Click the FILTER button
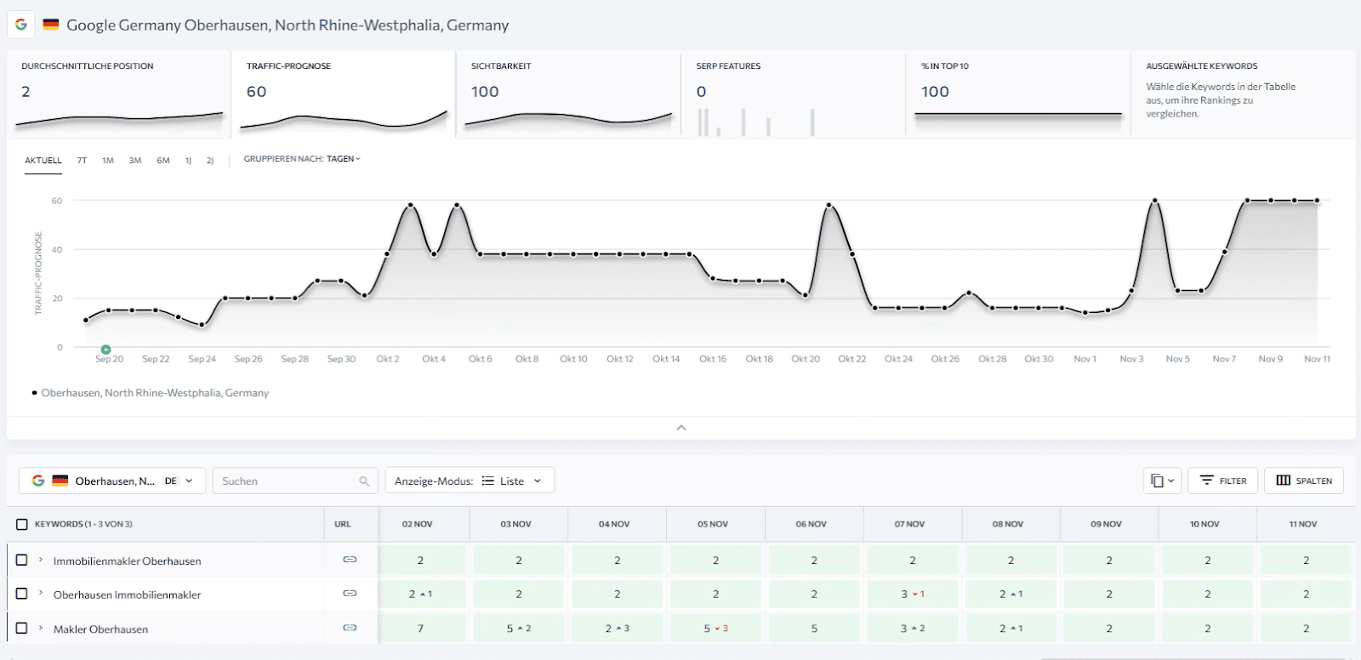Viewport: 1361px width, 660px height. coord(1222,481)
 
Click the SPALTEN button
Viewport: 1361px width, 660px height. coord(1304,481)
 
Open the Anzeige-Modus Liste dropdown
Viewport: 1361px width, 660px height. coord(470,481)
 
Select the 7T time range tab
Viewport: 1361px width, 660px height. coord(82,160)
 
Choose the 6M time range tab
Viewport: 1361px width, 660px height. coord(163,160)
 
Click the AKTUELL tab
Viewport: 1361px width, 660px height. coord(43,160)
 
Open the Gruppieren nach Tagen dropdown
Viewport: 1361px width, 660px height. coord(303,159)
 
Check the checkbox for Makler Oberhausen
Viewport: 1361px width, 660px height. coord(22,628)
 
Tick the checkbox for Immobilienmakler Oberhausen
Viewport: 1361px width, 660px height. coord(22,560)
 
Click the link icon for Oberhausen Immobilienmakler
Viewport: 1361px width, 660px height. coord(350,593)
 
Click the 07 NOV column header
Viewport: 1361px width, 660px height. coord(908,524)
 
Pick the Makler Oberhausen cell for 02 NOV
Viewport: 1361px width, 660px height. coord(421,629)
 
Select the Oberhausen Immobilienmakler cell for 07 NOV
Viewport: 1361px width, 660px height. coord(912,595)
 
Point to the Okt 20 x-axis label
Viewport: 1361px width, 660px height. coord(806,359)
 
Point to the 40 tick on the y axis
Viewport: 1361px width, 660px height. coord(57,250)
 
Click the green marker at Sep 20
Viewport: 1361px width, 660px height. coord(105,350)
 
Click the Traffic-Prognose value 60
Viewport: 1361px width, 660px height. coord(256,92)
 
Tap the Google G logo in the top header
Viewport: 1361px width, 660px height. coord(21,25)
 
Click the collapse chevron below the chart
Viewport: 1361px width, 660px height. coord(680,428)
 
